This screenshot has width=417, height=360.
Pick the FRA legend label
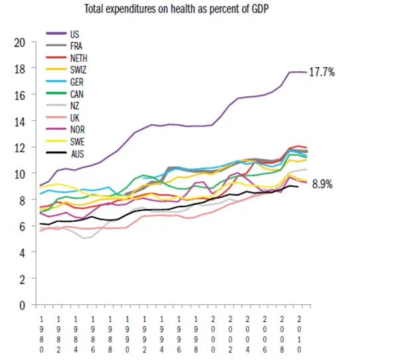[x=76, y=45]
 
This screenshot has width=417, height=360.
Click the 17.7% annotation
[x=322, y=72]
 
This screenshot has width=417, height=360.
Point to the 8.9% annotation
[x=323, y=187]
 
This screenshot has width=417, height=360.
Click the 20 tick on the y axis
[x=20, y=43]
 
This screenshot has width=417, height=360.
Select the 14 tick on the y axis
[x=20, y=122]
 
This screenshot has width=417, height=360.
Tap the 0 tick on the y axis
[x=23, y=306]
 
